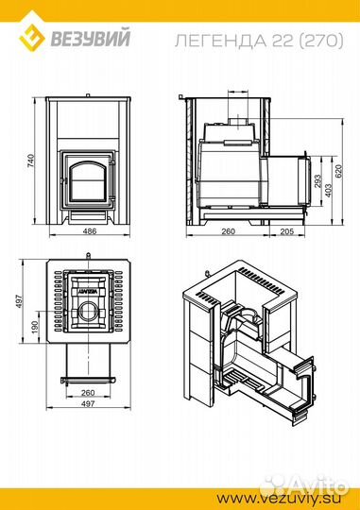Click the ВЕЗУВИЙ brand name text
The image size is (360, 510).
pos(91,38)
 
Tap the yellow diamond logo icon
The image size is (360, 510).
pos(31,33)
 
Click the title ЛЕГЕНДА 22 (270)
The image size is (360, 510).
pos(259,41)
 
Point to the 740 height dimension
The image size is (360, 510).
pos(30,161)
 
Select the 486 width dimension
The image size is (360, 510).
pos(90,231)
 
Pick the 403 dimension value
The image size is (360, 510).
pos(329,191)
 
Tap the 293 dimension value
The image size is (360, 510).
pos(317,181)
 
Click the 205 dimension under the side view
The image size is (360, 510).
pos(286,231)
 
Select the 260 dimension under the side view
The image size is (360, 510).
pos(228,231)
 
